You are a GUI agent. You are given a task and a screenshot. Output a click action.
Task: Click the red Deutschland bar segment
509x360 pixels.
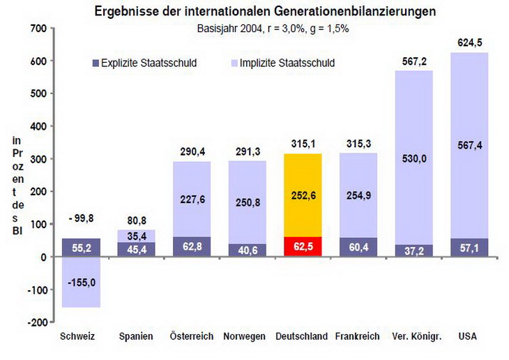(x=302, y=246)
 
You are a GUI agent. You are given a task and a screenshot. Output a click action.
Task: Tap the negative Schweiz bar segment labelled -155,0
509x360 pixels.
(x=81, y=282)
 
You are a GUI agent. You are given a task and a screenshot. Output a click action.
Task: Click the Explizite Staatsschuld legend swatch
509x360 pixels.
(x=96, y=63)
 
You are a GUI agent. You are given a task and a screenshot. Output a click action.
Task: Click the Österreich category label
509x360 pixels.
(x=191, y=336)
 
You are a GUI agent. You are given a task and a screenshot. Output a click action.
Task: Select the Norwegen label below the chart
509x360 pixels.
(x=245, y=336)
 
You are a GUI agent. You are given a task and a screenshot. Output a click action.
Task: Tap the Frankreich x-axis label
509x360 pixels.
(x=357, y=336)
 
